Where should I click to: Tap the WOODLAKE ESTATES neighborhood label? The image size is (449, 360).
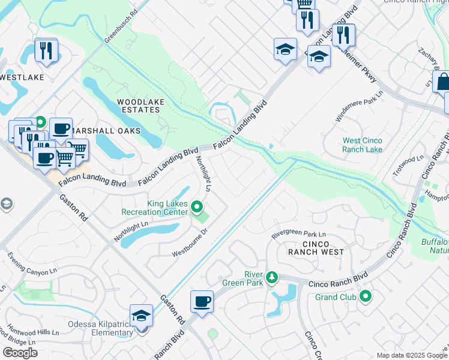140,106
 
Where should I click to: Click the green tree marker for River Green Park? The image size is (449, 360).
272,277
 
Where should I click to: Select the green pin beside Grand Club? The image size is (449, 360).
365,296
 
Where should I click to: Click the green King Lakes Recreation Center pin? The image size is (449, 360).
197,208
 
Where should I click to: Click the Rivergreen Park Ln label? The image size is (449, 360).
298,235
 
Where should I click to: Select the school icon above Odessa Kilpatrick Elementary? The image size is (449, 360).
142,316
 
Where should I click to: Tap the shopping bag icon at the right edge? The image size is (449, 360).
442,82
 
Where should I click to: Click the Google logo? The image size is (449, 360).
20,352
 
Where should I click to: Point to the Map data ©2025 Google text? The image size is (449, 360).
411,355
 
